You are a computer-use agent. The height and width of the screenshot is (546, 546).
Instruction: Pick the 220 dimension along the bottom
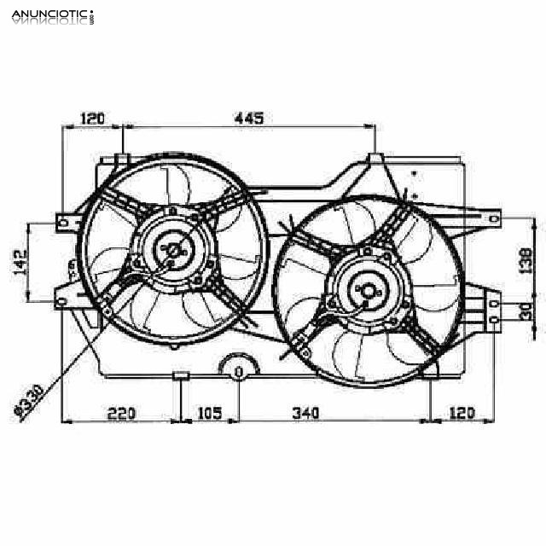click(122, 414)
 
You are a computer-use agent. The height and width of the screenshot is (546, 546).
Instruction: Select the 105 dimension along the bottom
click(209, 414)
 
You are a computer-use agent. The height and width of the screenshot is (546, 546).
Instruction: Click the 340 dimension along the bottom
click(305, 414)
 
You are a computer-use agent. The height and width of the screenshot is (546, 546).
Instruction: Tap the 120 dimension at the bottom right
click(461, 414)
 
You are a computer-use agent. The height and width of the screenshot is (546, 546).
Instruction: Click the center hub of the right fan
click(369, 291)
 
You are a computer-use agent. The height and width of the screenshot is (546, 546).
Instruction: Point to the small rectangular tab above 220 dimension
click(181, 376)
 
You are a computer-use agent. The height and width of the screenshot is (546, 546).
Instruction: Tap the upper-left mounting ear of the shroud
click(65, 221)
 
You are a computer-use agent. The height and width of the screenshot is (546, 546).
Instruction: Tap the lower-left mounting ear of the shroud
click(64, 299)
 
